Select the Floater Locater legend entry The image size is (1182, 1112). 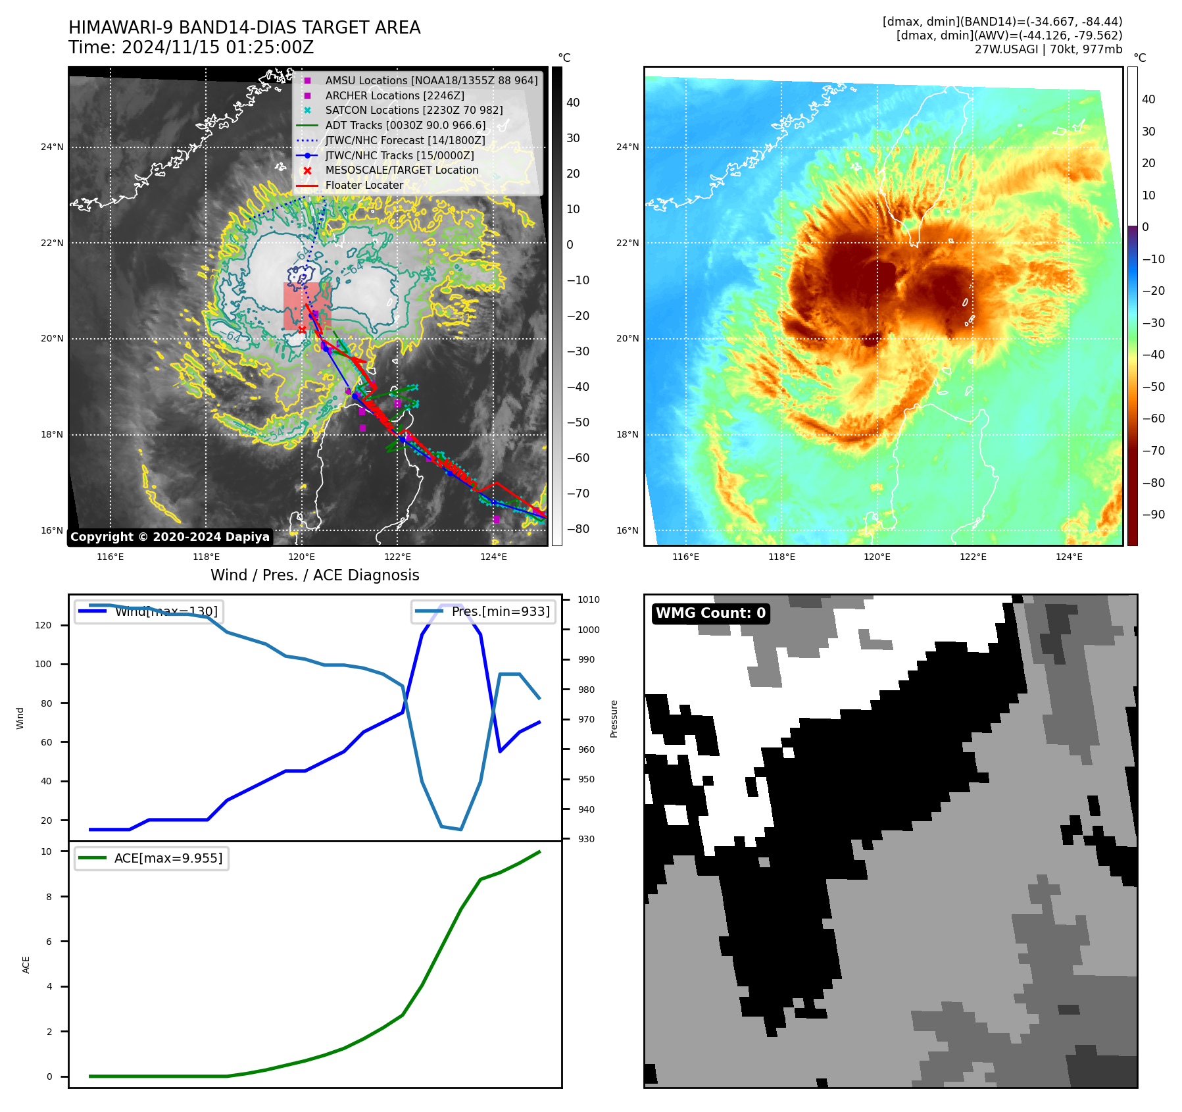click(x=364, y=186)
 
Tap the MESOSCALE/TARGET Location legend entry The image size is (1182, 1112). click(x=401, y=170)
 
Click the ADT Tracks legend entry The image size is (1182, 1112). click(x=405, y=125)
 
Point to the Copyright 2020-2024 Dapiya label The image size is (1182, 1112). click(x=170, y=537)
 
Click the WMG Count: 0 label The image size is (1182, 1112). click(x=710, y=613)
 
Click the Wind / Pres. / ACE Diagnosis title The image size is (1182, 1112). click(x=314, y=575)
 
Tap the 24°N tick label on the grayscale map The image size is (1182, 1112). click(x=52, y=147)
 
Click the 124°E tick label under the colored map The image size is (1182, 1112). click(x=1069, y=557)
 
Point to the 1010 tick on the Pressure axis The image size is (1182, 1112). click(x=589, y=599)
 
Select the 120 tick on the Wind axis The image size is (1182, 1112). click(x=43, y=625)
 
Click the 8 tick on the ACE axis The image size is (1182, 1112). click(x=49, y=897)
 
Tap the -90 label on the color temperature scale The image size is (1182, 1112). click(x=1153, y=515)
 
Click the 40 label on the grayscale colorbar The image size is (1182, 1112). click(x=573, y=103)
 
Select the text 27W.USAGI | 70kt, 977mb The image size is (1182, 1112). click(x=1048, y=49)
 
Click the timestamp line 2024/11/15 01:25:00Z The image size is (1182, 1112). click(x=191, y=48)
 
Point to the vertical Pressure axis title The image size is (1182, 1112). click(x=614, y=719)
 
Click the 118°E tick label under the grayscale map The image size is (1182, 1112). click(x=206, y=557)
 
